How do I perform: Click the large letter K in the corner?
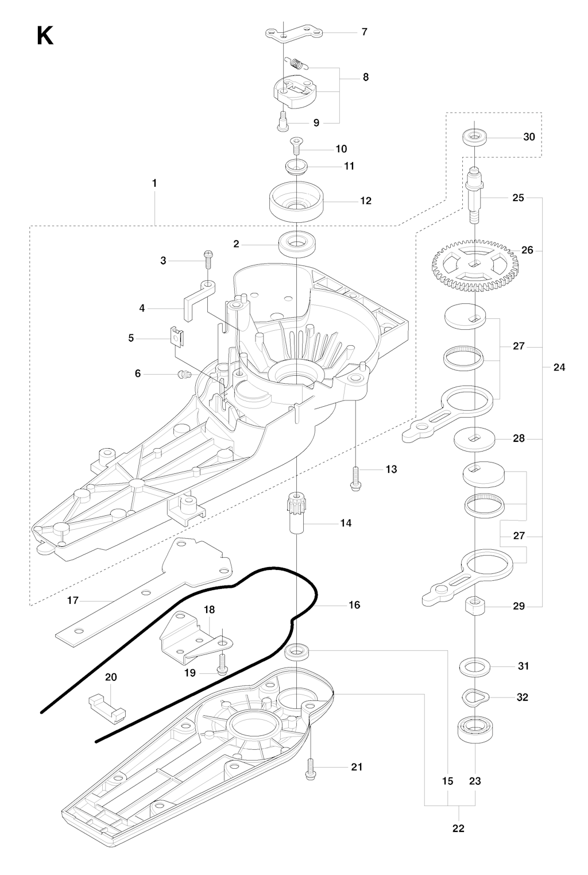(45, 36)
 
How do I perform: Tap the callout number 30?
(529, 137)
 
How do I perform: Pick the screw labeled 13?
(356, 477)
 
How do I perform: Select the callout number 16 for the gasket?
(354, 604)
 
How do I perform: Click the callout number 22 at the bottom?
(458, 828)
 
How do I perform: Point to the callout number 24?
(559, 367)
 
